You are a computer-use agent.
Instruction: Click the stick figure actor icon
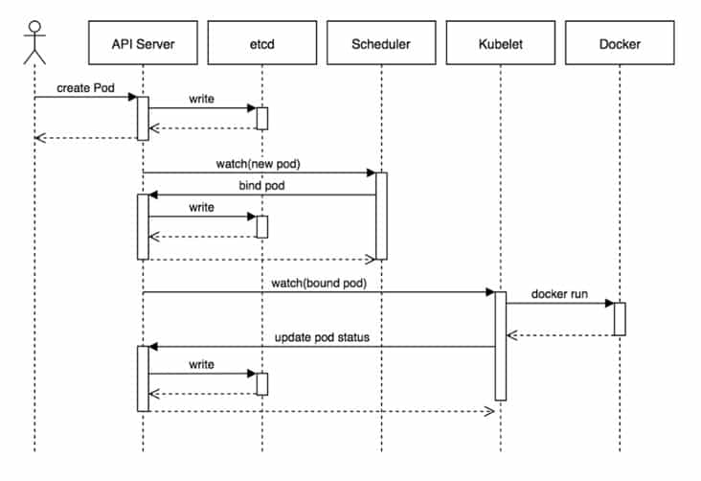click(34, 42)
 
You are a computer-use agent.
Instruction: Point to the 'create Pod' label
click(85, 88)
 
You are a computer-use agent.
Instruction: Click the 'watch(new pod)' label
click(258, 164)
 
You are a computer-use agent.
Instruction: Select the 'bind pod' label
click(261, 186)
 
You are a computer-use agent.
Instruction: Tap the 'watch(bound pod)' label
click(319, 284)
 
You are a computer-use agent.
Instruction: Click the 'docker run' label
click(559, 294)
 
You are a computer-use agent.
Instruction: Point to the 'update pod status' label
click(322, 337)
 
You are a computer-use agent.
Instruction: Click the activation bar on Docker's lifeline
click(620, 319)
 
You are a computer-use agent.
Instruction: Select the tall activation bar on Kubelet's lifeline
click(501, 346)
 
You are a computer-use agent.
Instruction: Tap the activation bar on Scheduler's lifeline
click(381, 217)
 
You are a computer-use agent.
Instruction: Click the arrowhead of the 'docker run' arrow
click(610, 304)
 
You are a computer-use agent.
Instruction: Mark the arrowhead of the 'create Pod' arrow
click(133, 97)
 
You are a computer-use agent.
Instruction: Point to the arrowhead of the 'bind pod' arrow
click(153, 195)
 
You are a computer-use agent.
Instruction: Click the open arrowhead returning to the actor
click(40, 138)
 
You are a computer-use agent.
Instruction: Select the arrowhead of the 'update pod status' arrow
click(153, 347)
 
